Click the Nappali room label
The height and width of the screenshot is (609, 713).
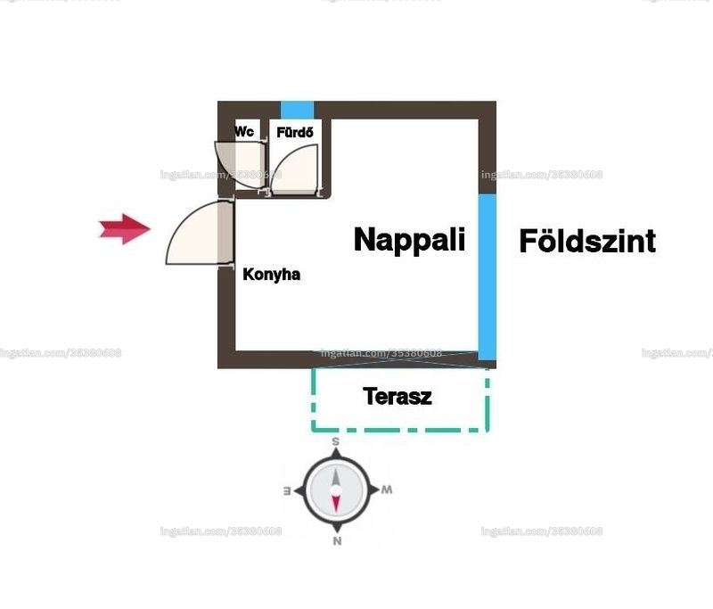click(x=409, y=241)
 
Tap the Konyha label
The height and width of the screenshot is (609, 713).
click(x=272, y=275)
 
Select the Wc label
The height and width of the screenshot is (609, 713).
click(x=244, y=132)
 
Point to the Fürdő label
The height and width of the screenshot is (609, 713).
click(x=295, y=132)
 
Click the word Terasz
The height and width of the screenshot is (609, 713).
click(x=397, y=396)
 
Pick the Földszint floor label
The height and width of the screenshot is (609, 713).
click(x=587, y=241)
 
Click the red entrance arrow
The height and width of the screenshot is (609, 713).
click(x=125, y=229)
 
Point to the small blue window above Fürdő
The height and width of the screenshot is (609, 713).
click(x=297, y=110)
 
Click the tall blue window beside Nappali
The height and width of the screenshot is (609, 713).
click(x=487, y=277)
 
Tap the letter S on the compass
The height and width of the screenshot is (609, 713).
click(x=336, y=441)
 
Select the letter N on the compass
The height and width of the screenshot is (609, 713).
click(x=337, y=540)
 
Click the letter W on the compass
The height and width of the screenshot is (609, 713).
click(x=387, y=490)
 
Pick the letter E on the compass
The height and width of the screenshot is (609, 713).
click(x=287, y=490)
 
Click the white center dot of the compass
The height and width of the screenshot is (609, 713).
click(x=336, y=490)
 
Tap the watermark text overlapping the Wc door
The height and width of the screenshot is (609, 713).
click(x=221, y=175)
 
